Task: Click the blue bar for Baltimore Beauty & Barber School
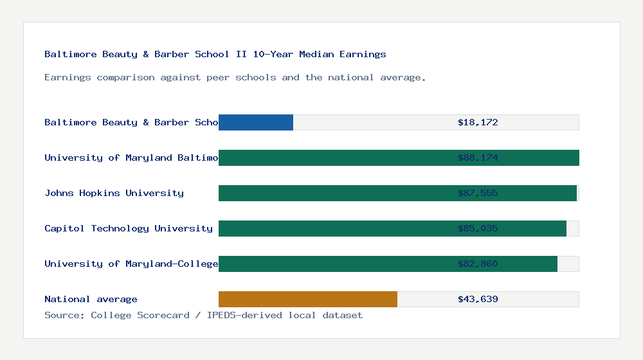point(256,122)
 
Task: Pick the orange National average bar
point(307,299)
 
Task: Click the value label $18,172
point(478,122)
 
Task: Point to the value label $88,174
point(478,157)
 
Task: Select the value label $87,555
point(478,193)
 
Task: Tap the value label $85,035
point(478,228)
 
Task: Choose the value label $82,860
point(478,264)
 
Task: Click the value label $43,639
point(478,299)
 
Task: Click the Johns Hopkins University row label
point(114,193)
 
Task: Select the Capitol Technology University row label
point(129,228)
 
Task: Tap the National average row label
point(91,299)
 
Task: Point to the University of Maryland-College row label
point(131,264)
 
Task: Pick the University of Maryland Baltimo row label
point(131,157)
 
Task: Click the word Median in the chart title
point(316,54)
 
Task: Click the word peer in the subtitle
point(218,77)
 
